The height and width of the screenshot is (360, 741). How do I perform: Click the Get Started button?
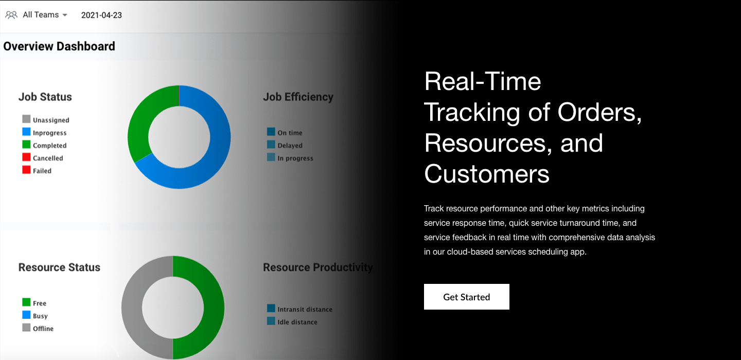click(466, 297)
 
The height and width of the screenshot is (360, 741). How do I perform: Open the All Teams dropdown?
click(45, 15)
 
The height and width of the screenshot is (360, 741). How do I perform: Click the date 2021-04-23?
click(101, 15)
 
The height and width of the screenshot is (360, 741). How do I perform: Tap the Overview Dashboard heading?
click(59, 46)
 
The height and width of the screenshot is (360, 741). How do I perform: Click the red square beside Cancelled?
click(26, 157)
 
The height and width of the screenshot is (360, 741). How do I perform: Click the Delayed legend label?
click(290, 146)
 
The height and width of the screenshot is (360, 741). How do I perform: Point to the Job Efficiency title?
click(298, 97)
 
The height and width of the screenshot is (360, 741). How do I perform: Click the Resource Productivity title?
click(317, 267)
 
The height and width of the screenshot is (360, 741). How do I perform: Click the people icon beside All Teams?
click(11, 15)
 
